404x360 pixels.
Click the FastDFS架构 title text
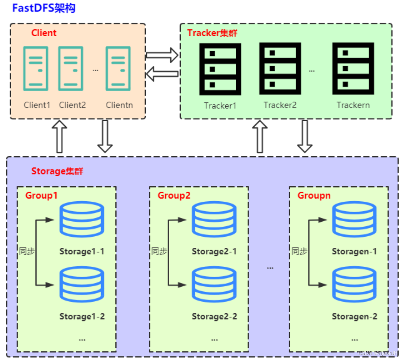[44, 8]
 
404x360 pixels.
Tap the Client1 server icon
[36, 68]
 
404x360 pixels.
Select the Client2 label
[72, 105]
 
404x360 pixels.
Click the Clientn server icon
[118, 68]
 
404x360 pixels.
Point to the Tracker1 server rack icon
[220, 69]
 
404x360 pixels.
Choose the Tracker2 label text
[280, 105]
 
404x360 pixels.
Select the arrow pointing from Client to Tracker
[162, 54]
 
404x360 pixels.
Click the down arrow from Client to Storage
[105, 136]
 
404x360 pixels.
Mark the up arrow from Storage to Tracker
[260, 136]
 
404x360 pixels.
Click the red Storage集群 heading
[57, 171]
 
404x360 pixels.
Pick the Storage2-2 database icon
[214, 285]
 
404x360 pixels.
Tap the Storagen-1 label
[354, 251]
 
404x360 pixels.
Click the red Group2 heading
[174, 195]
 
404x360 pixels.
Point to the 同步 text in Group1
[27, 251]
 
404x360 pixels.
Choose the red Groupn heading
[314, 195]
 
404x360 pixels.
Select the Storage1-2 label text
[82, 316]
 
